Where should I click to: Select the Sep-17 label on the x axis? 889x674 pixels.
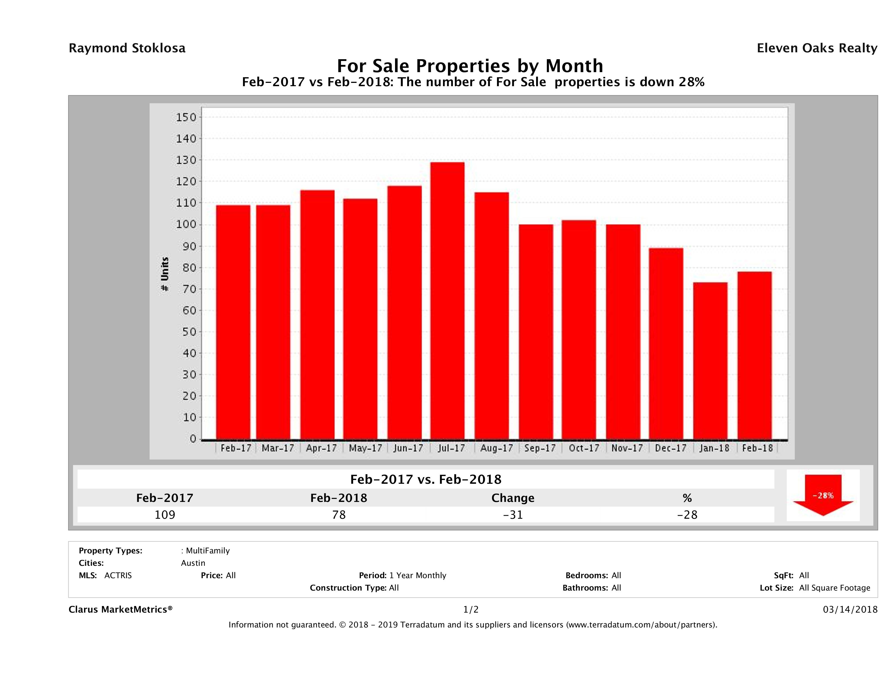(x=540, y=448)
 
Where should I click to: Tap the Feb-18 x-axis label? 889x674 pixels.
(x=757, y=448)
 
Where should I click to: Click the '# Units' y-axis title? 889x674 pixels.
(x=165, y=274)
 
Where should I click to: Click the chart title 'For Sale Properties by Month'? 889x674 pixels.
(x=470, y=66)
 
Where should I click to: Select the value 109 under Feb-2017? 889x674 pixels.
(x=165, y=515)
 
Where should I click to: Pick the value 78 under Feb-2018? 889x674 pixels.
(x=339, y=515)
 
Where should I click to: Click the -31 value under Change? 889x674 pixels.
(x=513, y=515)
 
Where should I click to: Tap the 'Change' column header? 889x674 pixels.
(x=513, y=498)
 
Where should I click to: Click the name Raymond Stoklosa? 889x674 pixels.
(x=127, y=48)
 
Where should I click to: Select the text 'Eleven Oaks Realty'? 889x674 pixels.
(x=817, y=48)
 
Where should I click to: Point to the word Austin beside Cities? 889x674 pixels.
(x=193, y=563)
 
